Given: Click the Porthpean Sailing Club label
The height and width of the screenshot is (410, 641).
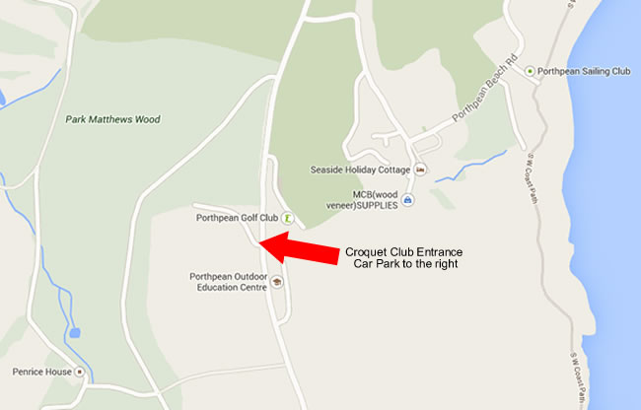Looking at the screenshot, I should pos(585,71).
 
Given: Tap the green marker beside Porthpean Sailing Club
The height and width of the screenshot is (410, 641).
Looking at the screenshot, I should pos(531,71).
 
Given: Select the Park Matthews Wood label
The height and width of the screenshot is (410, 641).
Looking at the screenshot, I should pos(112,119).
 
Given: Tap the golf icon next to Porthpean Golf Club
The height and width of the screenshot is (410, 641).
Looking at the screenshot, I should pos(287,217).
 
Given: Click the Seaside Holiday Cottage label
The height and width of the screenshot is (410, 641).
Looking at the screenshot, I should pos(359,170).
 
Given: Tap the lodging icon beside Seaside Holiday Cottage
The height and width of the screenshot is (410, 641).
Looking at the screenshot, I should pos(421,170).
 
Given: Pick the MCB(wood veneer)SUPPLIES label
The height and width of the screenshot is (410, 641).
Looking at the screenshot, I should pos(361,200).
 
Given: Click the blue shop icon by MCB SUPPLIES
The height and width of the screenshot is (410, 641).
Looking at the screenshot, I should pos(408,200).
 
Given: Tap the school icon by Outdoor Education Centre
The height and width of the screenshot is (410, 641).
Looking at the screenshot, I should pos(277,282).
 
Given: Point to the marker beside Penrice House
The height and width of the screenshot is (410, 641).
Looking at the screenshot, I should pos(80,372).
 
